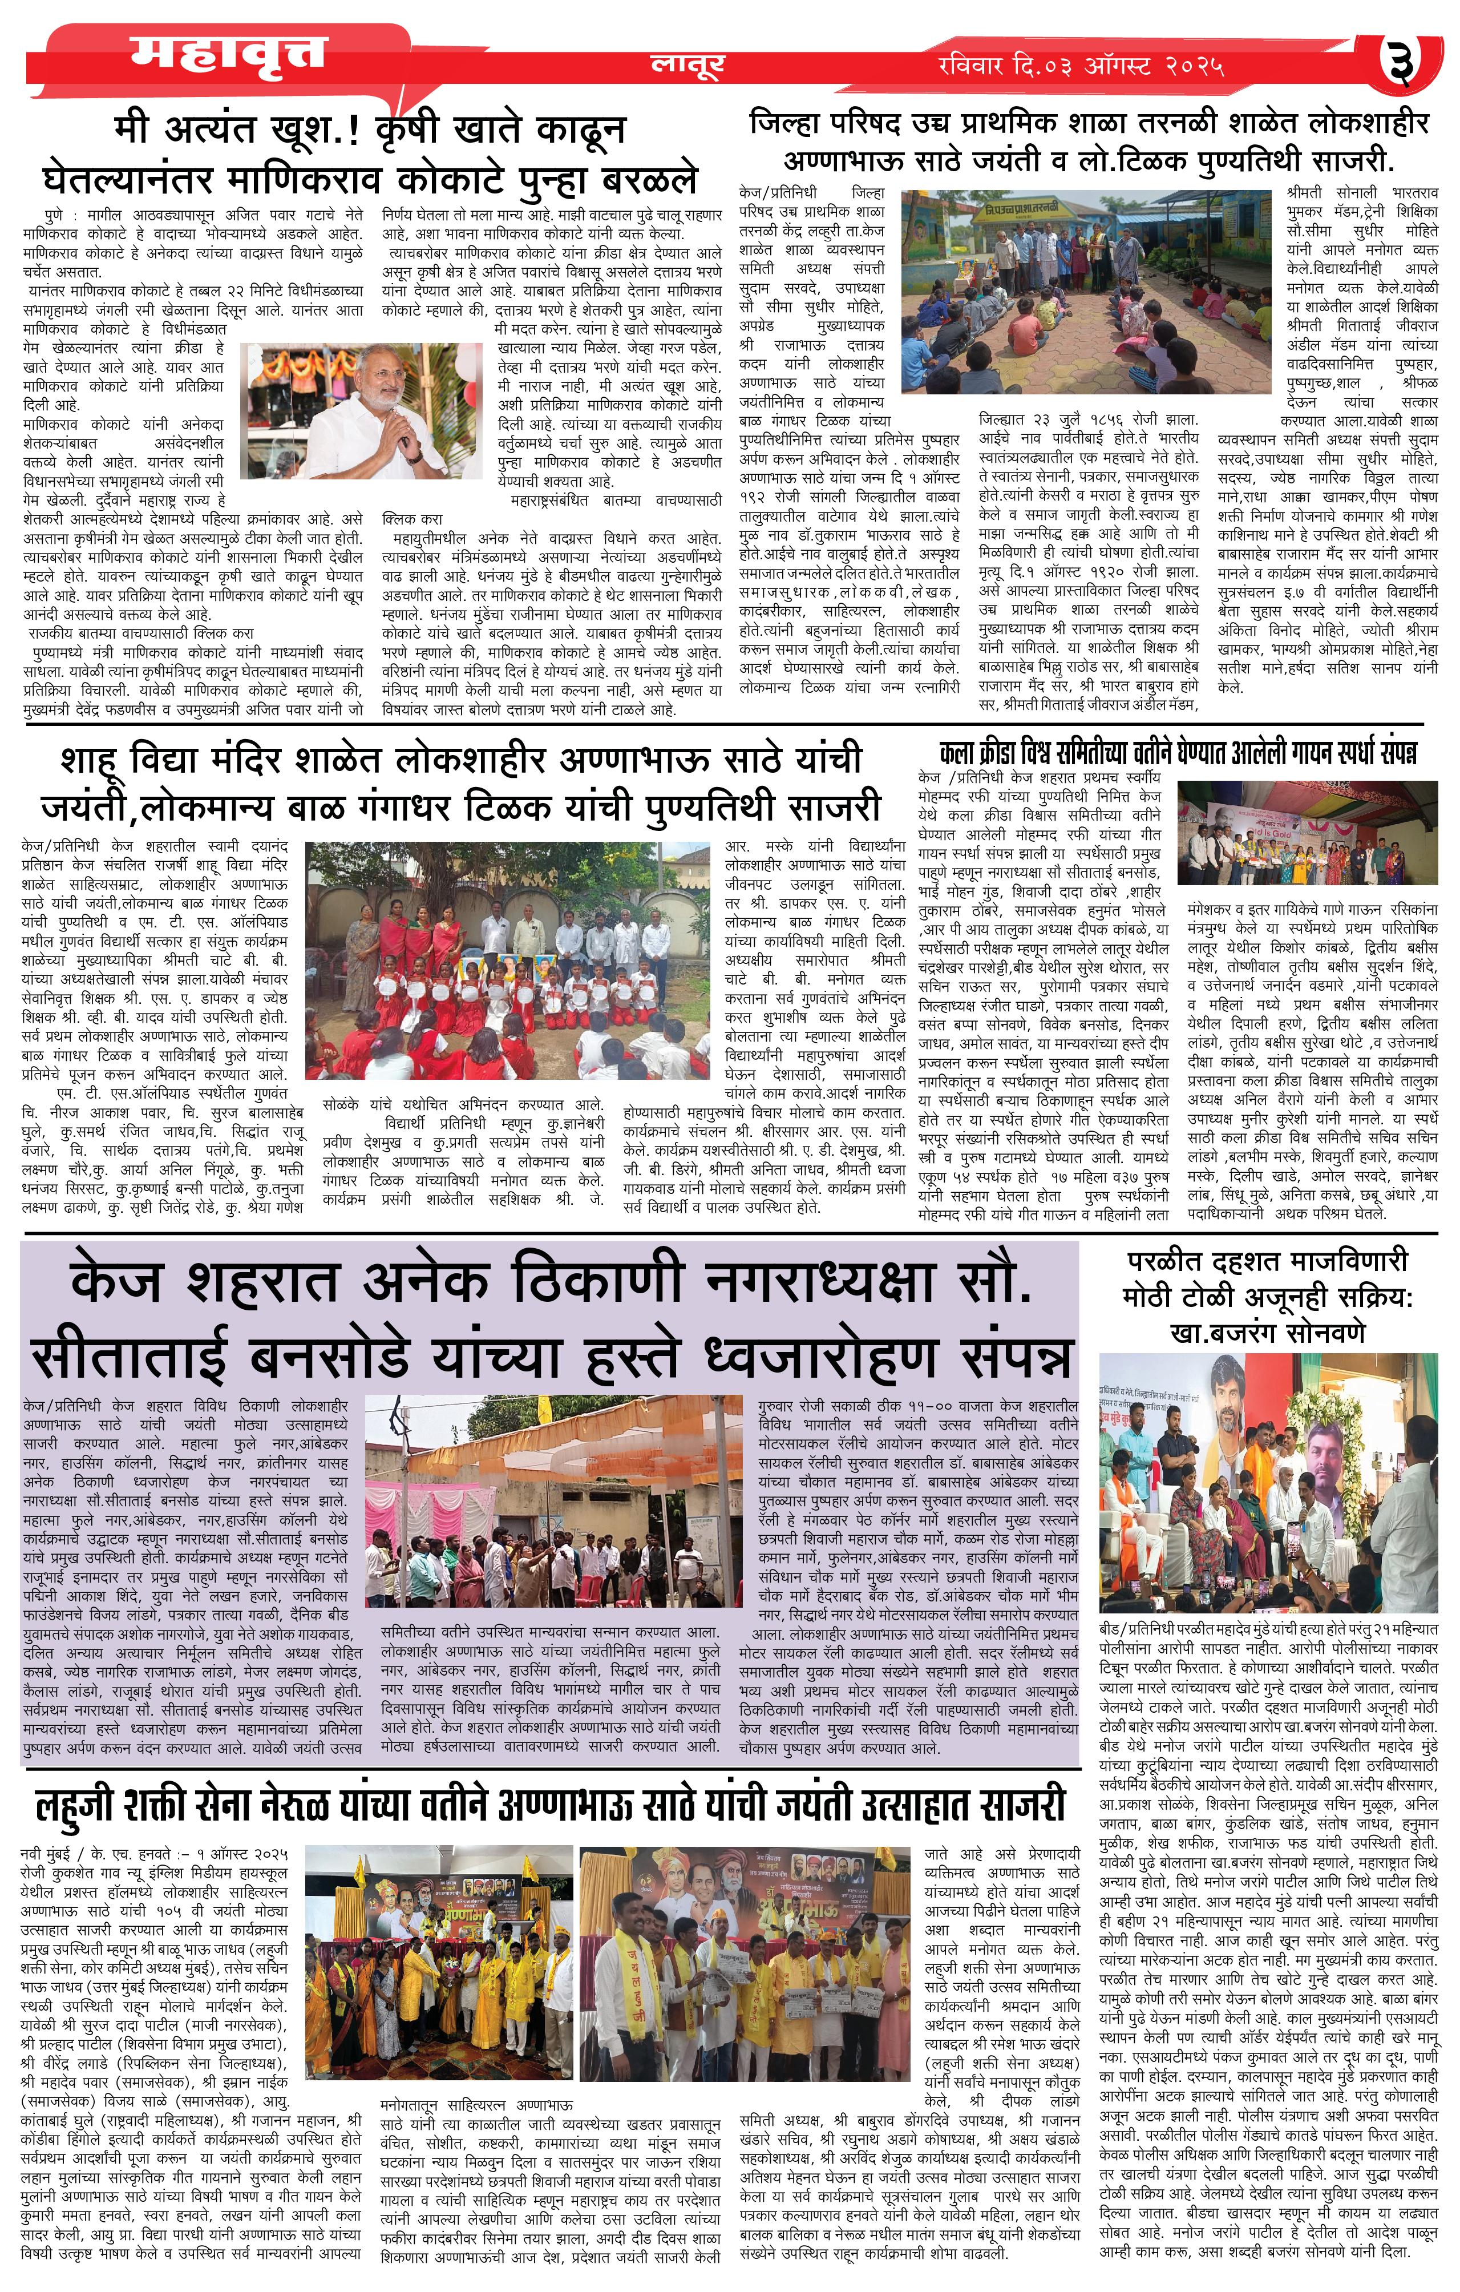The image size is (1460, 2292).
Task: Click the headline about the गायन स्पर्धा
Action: (x=1178, y=753)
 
